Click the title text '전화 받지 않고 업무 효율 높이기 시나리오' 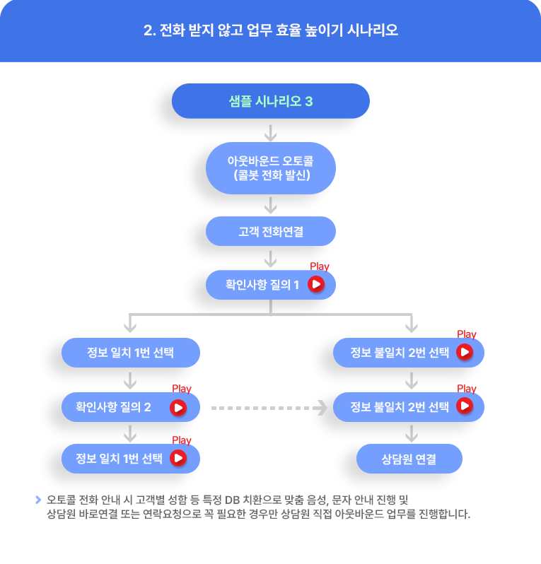point(278,30)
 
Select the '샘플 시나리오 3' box point(271,101)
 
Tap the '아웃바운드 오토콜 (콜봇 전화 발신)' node point(271,168)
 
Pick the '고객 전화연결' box point(271,231)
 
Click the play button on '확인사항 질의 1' point(316,284)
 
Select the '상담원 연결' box point(409,459)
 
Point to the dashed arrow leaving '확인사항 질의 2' point(269,408)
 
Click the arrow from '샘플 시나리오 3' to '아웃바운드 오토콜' point(271,133)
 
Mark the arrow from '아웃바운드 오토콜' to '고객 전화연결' point(271,206)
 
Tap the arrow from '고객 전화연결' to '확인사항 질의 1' point(271,259)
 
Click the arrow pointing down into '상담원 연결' point(412,434)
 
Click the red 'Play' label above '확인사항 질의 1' point(320,266)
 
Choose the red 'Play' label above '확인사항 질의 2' point(182,389)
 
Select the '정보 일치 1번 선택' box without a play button point(131,353)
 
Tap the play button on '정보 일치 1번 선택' point(178,458)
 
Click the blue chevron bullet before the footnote point(38,500)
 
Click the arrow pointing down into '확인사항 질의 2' point(130,381)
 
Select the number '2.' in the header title point(150,30)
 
